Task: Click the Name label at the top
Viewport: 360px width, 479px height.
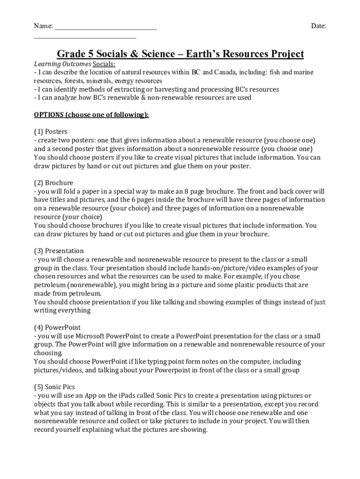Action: tap(43, 26)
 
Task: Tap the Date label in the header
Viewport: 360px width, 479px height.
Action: tap(318, 26)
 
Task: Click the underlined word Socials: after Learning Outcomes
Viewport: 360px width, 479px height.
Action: tap(104, 64)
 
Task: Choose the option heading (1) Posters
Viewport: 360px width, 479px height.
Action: tap(50, 131)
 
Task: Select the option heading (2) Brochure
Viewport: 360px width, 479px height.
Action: tap(53, 182)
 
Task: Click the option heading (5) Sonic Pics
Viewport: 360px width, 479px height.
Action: tap(54, 387)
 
